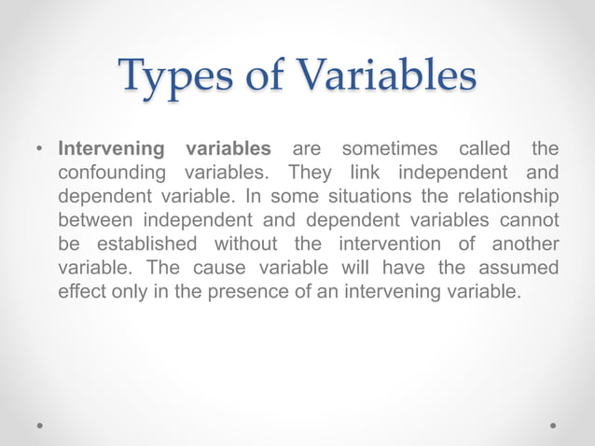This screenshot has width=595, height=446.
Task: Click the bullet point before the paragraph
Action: click(39, 149)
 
